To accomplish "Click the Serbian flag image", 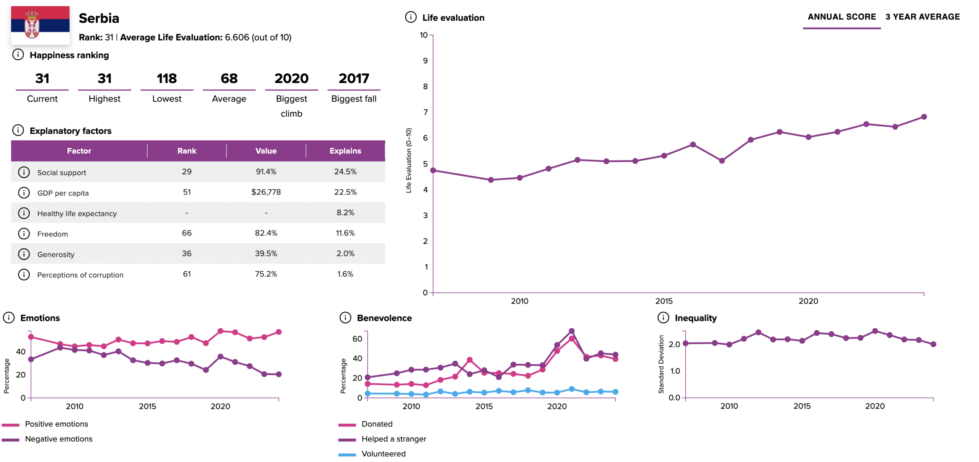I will [x=40, y=25].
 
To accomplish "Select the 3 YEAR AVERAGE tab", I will [x=922, y=17].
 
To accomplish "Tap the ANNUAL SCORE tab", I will [x=841, y=17].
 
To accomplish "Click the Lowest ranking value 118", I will [x=167, y=78].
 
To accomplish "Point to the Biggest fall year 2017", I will [x=354, y=78].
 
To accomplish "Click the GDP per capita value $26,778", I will [x=266, y=192].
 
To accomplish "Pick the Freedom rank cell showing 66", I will [x=187, y=233].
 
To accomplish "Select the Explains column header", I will [x=345, y=151].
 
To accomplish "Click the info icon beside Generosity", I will [x=24, y=254].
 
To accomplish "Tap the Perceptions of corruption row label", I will [x=80, y=275].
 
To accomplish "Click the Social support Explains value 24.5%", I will [x=345, y=172].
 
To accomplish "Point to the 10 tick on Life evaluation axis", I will [x=424, y=35].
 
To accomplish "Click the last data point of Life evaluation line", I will [x=924, y=117].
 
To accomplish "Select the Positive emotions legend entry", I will [x=56, y=424].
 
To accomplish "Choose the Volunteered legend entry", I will [x=383, y=454].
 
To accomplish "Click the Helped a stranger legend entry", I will [x=394, y=439].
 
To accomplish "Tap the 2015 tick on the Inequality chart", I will [x=802, y=406].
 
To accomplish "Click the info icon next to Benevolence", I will [x=345, y=318].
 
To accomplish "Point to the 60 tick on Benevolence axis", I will [x=357, y=339].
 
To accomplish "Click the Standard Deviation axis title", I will [x=661, y=364].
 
